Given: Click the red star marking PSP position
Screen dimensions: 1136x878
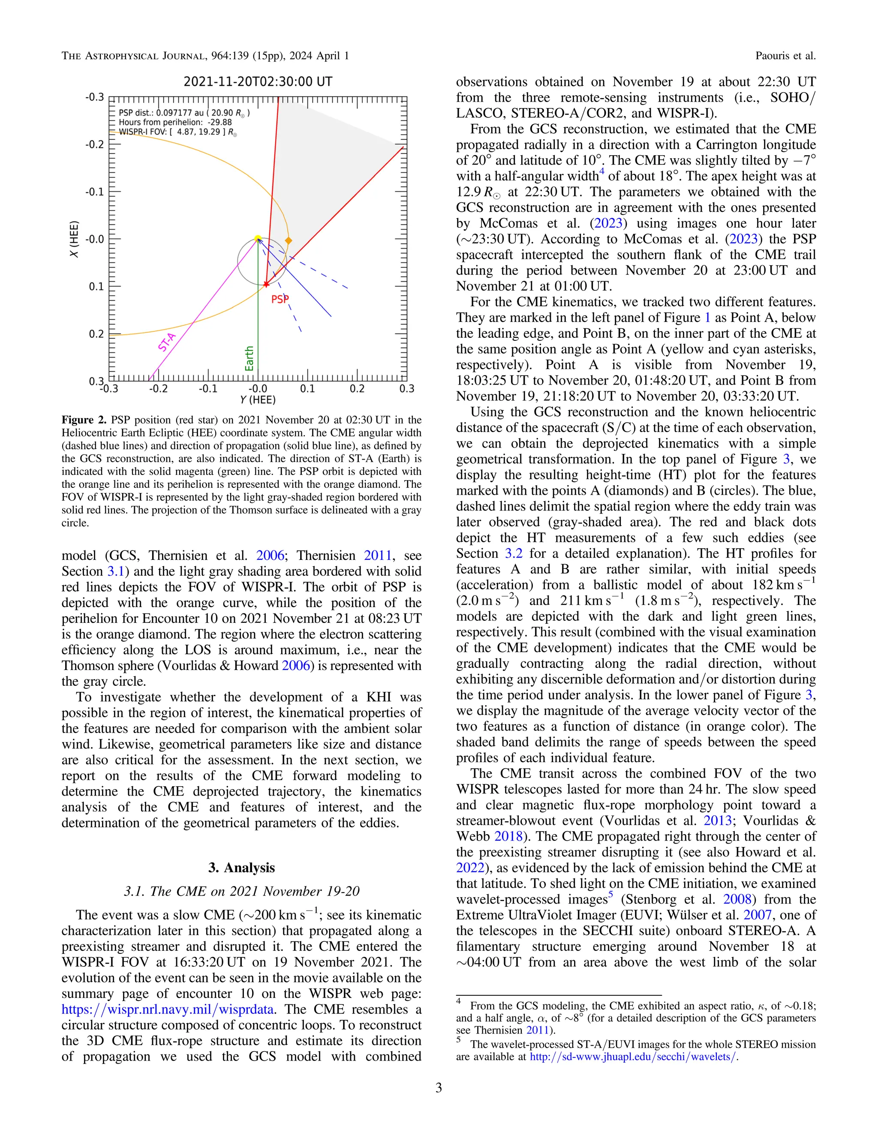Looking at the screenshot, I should (266, 284).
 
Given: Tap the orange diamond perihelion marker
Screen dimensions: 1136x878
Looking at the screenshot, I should (289, 240).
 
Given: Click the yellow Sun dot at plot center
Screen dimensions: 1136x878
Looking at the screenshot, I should (258, 238).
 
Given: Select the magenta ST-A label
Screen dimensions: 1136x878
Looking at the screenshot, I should (166, 342).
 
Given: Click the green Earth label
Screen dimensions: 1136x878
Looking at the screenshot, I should (249, 358).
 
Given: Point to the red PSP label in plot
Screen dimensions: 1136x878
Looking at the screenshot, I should (280, 299).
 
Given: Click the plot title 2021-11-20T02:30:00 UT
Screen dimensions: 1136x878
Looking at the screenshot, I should (258, 81).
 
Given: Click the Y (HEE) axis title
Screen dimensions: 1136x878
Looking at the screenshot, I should (258, 400).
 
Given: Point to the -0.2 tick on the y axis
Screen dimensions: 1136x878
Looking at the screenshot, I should (95, 144).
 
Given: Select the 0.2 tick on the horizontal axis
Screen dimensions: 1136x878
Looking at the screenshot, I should (357, 388).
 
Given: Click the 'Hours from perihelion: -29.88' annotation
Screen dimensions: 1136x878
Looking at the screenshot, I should (175, 122).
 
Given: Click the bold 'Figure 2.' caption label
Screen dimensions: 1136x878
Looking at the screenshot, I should (84, 420).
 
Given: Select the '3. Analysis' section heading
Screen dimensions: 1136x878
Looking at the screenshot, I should (241, 867).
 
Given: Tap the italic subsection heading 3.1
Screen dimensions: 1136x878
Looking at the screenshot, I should (241, 891).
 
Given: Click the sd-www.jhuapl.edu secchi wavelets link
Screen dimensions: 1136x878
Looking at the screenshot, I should (633, 1056).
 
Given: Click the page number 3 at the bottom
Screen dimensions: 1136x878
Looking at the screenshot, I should (439, 1088).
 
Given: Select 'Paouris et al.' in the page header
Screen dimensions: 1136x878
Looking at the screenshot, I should (785, 56).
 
